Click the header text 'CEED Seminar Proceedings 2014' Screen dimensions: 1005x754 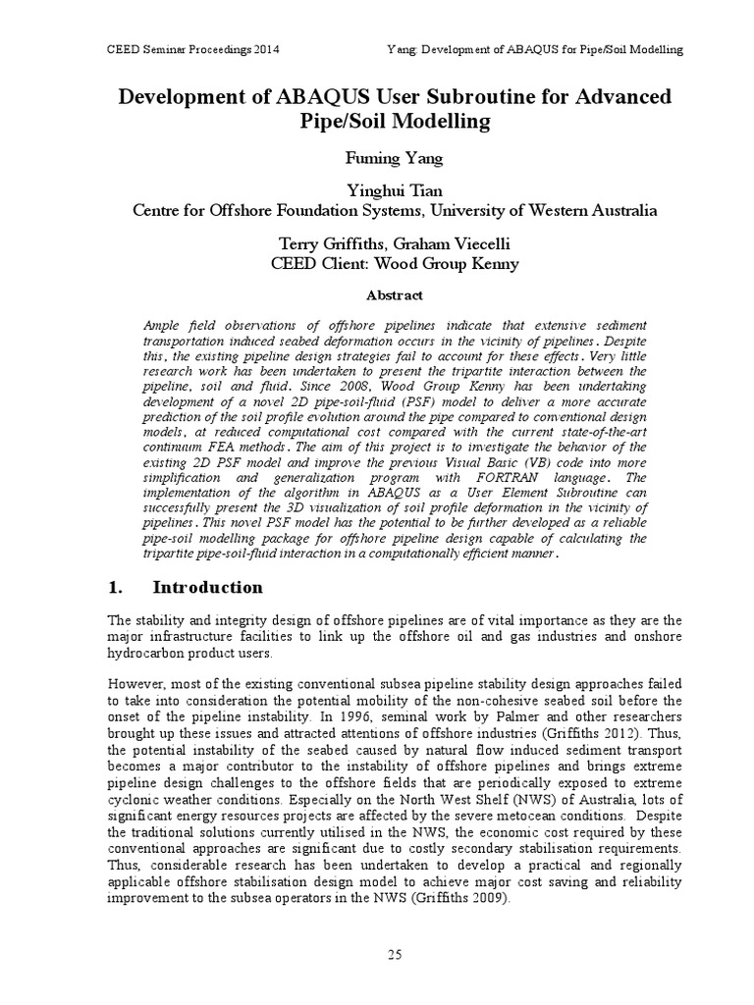[x=183, y=49]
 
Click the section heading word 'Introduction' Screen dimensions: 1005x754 [x=207, y=588]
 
